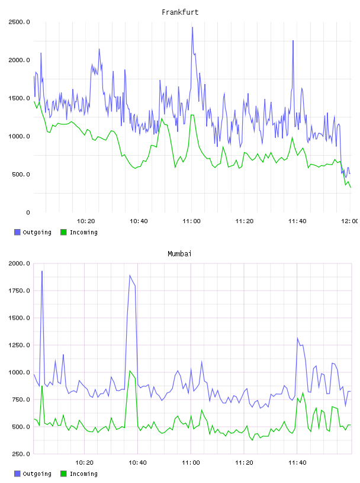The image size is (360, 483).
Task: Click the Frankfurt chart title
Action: coord(180,12)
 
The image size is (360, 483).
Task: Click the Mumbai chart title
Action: coord(179,254)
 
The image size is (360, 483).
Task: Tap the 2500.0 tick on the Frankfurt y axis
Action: coord(20,22)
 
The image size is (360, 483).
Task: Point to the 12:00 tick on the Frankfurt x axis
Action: coord(351,221)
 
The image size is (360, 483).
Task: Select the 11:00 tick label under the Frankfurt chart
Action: coord(191,221)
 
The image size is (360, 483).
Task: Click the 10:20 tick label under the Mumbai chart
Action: coord(85,462)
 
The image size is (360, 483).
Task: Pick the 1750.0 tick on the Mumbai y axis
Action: coord(20,291)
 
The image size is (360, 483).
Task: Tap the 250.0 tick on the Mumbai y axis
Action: coord(21,454)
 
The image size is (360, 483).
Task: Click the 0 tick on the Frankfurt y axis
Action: coord(28,212)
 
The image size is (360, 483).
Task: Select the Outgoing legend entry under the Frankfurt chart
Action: coord(33,232)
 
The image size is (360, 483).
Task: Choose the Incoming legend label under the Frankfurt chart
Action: coord(83,232)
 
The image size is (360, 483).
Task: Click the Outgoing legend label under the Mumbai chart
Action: coord(37,474)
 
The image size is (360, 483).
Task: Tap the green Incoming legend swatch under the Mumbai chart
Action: coord(63,474)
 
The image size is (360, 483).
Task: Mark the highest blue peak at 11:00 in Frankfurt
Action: coord(192,27)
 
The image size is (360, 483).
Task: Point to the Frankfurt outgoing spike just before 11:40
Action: coord(293,41)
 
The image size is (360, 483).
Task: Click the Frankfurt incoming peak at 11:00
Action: coord(192,115)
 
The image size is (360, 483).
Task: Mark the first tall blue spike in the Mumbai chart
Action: coord(42,271)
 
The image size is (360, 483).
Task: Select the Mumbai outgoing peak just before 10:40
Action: coord(130,275)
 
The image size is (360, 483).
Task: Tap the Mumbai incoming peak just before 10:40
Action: coord(130,371)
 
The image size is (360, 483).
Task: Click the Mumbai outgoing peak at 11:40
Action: coord(297,338)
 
